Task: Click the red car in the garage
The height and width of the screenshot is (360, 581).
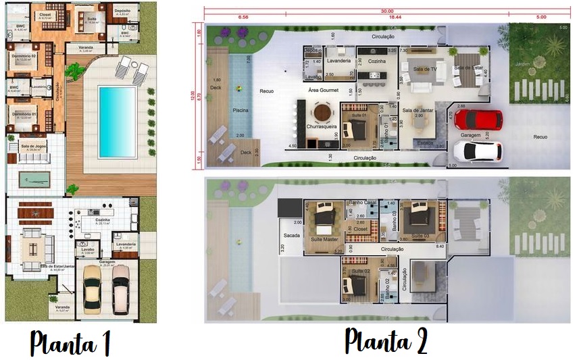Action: tap(478, 120)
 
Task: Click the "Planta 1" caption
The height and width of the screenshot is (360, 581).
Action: tap(70, 342)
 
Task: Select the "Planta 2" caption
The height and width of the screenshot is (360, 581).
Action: tap(386, 341)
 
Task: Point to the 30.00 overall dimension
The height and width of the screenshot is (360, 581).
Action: tap(386, 11)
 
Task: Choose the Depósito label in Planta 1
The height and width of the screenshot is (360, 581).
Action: tap(122, 11)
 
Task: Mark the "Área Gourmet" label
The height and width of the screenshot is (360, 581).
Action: tap(323, 90)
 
